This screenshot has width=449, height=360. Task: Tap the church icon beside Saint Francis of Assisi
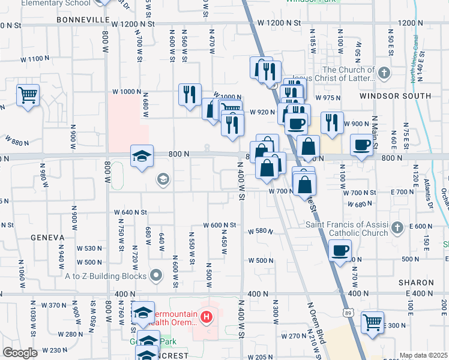tap(396, 227)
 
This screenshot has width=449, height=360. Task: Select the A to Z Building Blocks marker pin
tap(157, 275)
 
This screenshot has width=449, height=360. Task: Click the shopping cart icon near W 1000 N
tap(28, 95)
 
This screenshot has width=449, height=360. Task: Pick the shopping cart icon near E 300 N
tap(373, 322)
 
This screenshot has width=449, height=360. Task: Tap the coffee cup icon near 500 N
tap(340, 250)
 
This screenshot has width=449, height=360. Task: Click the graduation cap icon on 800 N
tap(141, 157)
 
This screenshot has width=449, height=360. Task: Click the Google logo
tap(20, 352)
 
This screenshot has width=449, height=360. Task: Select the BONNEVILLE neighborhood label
tap(81, 20)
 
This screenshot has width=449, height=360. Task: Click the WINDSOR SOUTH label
tap(395, 96)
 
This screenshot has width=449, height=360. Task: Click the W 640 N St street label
tap(131, 212)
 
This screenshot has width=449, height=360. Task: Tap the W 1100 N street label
tap(35, 59)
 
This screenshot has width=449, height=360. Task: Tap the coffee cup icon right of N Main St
tap(361, 145)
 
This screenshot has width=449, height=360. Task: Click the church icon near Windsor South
tap(384, 73)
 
